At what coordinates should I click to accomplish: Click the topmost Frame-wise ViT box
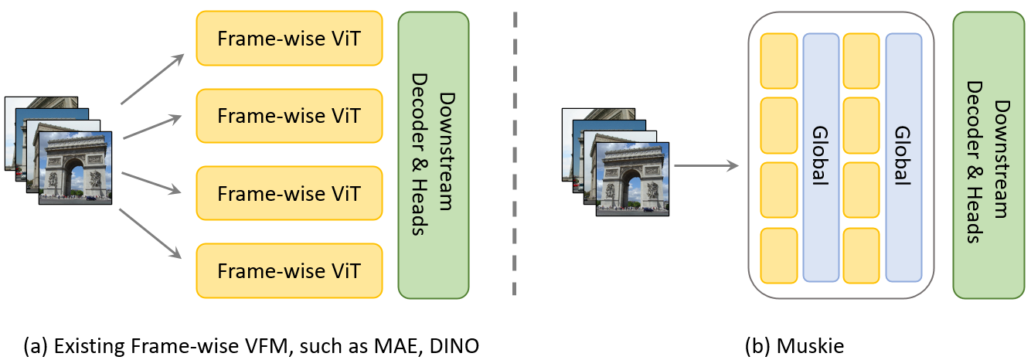[x=289, y=38]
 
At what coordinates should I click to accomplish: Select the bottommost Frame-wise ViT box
[x=289, y=270]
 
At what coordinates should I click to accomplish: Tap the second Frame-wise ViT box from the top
[x=289, y=115]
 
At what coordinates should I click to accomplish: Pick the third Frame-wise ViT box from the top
[x=289, y=193]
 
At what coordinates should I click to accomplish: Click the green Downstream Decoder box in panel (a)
[x=434, y=155]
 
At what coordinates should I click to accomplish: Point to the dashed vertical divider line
[x=514, y=155]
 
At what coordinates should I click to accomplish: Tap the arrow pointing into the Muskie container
[x=705, y=165]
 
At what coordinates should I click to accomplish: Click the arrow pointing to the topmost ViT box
[x=152, y=79]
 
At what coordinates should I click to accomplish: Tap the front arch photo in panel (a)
[x=75, y=168]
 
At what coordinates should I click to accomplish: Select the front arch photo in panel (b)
[x=632, y=178]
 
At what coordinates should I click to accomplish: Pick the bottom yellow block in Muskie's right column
[x=861, y=255]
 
